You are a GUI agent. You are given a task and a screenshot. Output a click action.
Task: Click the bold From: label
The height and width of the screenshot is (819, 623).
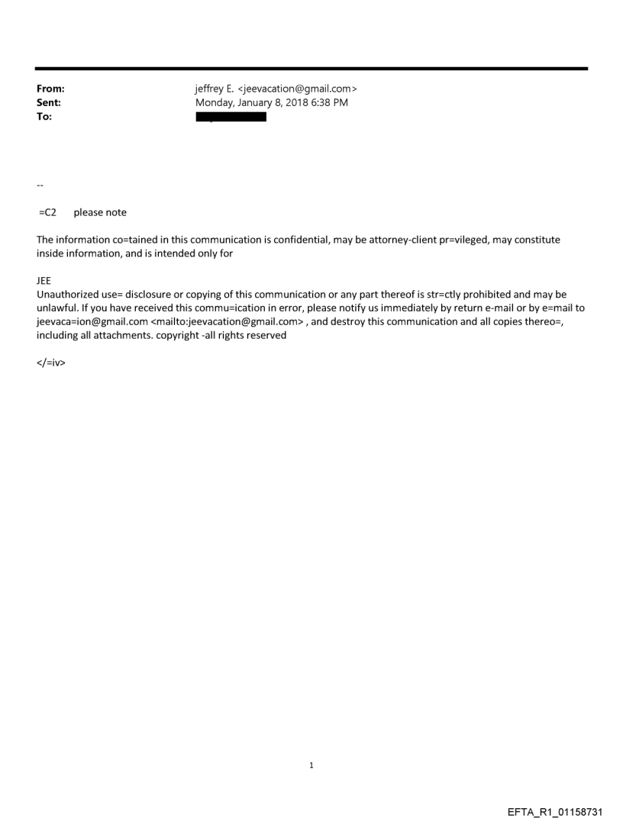50,89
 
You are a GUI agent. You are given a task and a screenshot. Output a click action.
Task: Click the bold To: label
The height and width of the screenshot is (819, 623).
44,117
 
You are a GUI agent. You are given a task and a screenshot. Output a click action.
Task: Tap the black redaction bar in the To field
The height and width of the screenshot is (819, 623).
231,117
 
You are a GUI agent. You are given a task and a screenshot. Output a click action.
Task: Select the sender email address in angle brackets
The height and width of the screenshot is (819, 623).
298,89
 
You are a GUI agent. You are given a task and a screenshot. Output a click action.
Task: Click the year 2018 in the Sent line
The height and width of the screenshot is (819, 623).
294,102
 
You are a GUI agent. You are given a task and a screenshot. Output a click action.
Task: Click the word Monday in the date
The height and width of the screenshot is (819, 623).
215,102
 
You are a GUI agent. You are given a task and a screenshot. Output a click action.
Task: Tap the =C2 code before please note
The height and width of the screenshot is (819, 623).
47,212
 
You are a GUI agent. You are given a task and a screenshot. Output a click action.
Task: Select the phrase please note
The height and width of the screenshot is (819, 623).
100,212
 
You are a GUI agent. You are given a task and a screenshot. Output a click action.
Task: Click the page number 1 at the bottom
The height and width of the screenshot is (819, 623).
311,766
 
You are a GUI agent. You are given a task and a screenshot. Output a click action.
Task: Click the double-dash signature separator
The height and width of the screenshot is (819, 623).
40,185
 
